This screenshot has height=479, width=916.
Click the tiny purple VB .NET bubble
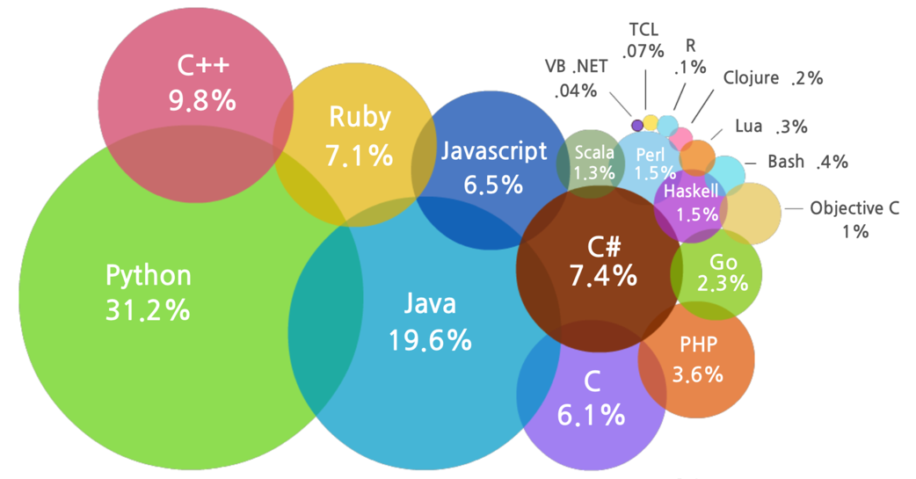637,125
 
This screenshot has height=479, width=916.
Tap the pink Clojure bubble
680,137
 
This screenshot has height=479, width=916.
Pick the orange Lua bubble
699,156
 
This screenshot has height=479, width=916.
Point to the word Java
430,304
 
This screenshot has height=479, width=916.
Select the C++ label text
202,66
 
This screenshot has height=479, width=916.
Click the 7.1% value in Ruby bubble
359,156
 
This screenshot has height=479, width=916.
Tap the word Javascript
493,151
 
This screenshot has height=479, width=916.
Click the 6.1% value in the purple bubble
592,414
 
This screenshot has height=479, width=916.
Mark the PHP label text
698,343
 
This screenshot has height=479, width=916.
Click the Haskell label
691,191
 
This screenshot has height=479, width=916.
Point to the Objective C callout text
854,208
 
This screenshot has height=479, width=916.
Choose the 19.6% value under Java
430,340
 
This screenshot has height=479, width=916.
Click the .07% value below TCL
643,51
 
